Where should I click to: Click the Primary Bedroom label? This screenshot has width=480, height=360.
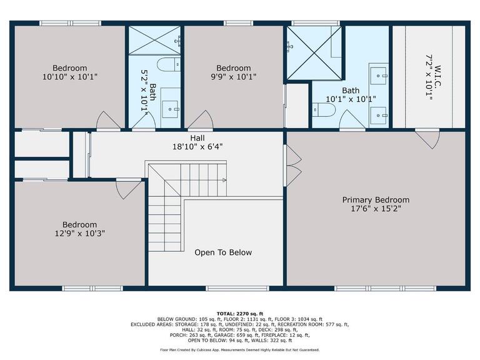(376, 200)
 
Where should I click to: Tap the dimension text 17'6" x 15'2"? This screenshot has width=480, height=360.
(376, 209)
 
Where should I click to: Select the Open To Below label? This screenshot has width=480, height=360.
(223, 252)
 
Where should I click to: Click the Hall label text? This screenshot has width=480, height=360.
(197, 138)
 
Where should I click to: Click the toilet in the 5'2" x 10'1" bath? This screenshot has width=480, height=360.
(169, 64)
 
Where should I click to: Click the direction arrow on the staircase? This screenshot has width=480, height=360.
(224, 180)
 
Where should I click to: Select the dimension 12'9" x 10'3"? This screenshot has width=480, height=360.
(79, 234)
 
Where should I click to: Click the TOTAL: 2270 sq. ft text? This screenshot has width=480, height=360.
(240, 314)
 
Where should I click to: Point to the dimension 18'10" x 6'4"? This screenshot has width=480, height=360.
(197, 147)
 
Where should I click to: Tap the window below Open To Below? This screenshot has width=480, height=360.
(237, 288)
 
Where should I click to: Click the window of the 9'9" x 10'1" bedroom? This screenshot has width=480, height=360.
(239, 23)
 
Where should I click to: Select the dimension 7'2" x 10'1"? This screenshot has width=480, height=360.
(429, 77)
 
